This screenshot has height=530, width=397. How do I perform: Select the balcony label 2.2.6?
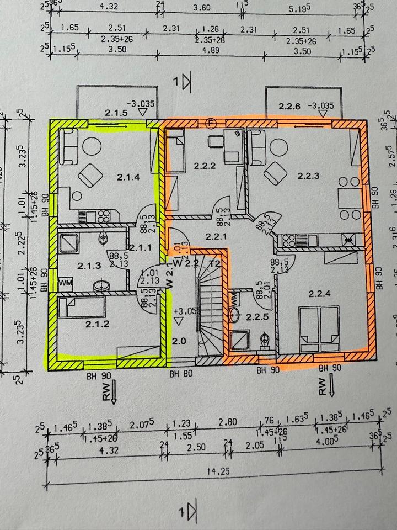tap(290, 106)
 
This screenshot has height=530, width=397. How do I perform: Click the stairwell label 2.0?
tap(179, 341)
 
